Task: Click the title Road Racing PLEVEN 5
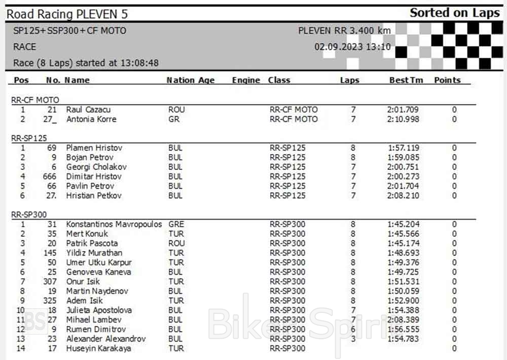[67, 14]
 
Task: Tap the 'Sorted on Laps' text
[454, 13]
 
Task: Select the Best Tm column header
[406, 80]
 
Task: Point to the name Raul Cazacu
[88, 110]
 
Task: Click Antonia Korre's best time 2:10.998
[403, 119]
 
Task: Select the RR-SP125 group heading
[29, 138]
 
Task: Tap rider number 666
[50, 176]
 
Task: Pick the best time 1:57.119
[403, 148]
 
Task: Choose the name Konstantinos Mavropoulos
[114, 224]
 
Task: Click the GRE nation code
[176, 224]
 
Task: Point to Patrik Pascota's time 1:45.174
[403, 243]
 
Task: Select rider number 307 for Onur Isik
[50, 281]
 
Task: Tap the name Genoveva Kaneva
[98, 272]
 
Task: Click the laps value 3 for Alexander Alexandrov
[353, 339]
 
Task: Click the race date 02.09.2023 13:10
[352, 47]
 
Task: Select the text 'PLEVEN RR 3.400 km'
[344, 30]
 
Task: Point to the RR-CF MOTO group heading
[35, 100]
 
